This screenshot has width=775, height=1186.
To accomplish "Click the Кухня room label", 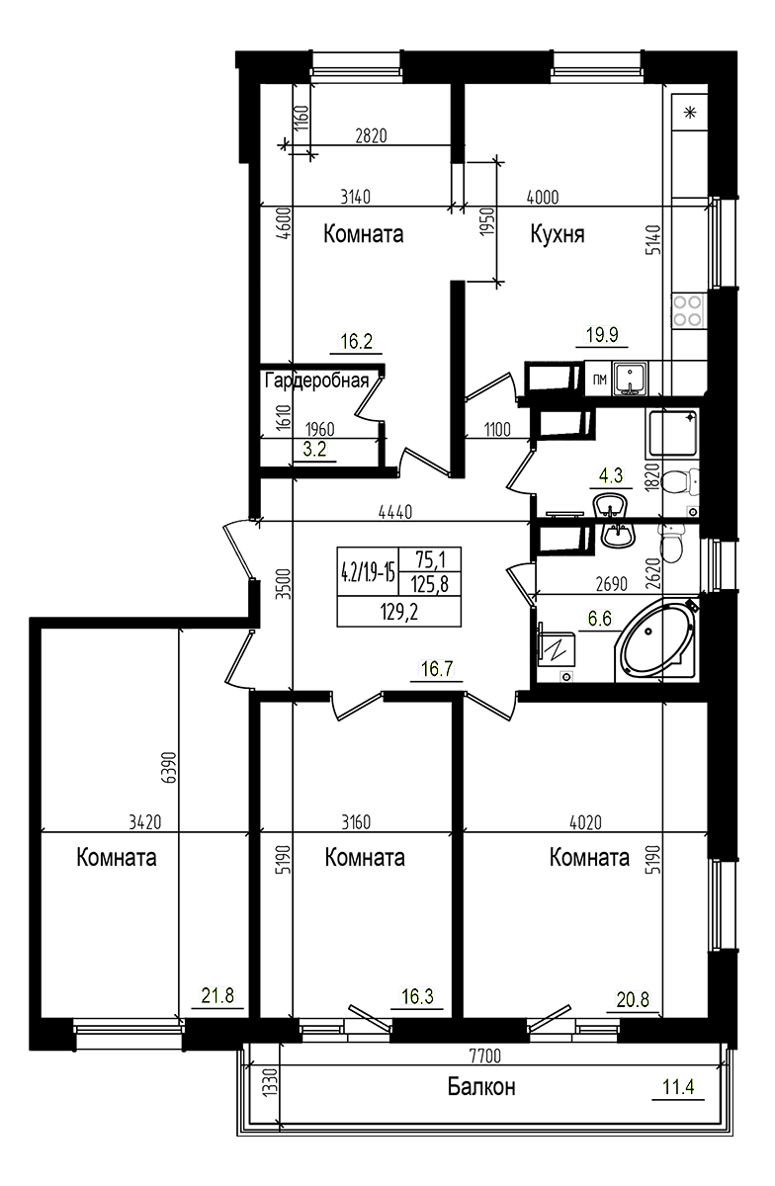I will click(x=557, y=234).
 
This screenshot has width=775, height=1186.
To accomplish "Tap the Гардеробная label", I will click(x=316, y=381).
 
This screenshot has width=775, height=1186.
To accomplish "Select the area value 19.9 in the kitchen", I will click(x=601, y=335).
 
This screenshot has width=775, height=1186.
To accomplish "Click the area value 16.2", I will click(x=356, y=342).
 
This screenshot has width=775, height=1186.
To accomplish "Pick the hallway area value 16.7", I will click(x=436, y=669).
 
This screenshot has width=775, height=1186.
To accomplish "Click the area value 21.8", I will click(x=217, y=996).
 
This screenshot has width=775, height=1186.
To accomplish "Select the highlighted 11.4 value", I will click(x=679, y=1087).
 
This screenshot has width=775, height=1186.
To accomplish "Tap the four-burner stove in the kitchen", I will click(x=688, y=311).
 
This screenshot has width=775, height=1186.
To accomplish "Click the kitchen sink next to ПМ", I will click(x=629, y=379).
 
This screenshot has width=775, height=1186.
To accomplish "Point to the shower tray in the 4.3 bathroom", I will click(x=672, y=435).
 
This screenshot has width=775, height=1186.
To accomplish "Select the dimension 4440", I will click(x=394, y=512).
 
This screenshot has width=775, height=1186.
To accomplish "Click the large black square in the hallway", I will click(x=398, y=586).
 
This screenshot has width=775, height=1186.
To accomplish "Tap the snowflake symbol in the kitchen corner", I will click(x=690, y=111).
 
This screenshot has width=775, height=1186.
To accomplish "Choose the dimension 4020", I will click(x=585, y=820).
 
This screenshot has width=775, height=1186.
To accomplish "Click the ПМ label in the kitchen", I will click(x=599, y=380).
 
